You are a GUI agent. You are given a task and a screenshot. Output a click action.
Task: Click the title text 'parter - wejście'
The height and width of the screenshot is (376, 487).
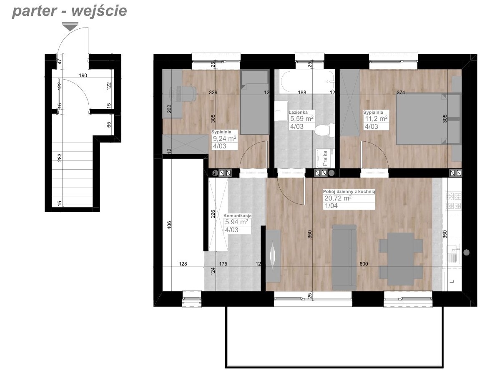[69, 10]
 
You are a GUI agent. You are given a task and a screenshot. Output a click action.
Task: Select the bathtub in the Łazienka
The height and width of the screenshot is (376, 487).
[307, 82]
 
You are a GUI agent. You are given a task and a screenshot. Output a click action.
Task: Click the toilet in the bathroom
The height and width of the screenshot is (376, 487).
[324, 130]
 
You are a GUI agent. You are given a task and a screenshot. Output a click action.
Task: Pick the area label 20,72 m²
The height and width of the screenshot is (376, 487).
[338, 198]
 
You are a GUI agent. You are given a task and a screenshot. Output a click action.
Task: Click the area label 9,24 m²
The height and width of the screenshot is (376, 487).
[225, 138]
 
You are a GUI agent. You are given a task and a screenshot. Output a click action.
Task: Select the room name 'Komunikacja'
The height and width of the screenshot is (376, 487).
[238, 216]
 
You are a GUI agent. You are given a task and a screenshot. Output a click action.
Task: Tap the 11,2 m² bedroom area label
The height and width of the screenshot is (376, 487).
[376, 119]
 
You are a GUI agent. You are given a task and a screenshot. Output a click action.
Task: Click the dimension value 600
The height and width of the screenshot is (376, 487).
[364, 264]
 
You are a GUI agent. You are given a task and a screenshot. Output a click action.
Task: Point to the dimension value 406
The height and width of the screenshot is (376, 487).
[169, 225]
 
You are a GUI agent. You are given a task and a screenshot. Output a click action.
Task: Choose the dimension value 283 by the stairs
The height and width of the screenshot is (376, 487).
[60, 158]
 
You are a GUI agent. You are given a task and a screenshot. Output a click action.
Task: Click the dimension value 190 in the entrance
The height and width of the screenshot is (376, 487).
[83, 75]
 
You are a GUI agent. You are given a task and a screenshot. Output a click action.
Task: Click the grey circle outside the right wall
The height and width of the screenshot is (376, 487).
[466, 253]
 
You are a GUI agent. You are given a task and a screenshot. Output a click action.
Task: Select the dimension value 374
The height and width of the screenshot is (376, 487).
[401, 93]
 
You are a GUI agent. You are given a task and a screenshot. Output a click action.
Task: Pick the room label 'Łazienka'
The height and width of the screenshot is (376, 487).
[298, 113]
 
